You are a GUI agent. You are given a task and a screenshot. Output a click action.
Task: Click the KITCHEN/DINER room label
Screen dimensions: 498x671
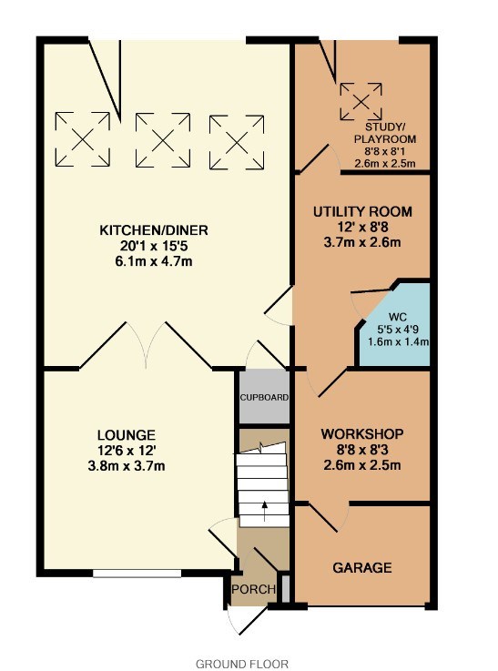point(154,230)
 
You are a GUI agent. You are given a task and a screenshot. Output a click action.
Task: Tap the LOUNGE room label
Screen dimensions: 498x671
point(127,435)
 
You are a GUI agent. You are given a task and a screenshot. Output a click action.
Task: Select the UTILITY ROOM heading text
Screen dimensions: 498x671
point(362,212)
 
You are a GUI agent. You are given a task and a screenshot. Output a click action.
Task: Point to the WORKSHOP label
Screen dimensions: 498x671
point(362,434)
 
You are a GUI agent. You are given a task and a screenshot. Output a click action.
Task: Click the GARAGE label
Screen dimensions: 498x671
point(362,567)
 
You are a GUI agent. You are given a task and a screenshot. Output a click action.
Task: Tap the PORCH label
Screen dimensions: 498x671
point(254,589)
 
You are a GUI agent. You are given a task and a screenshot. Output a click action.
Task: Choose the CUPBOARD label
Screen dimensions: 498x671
point(264,397)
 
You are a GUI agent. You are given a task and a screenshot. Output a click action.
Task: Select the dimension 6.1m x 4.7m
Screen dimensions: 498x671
point(154,261)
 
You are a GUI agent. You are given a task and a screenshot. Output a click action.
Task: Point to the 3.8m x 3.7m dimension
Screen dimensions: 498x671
point(127,466)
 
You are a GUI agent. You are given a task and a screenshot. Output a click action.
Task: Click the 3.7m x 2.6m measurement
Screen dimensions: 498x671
point(362,243)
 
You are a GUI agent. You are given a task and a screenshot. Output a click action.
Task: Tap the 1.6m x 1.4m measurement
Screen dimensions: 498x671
point(399,342)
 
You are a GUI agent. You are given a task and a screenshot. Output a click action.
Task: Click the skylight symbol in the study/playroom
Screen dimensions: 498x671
point(361,101)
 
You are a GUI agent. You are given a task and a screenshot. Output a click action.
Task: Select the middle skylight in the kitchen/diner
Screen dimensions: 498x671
point(163,140)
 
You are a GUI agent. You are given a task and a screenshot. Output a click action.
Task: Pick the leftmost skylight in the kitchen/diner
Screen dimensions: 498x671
point(83,139)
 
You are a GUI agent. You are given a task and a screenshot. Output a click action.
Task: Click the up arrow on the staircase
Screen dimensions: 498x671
point(264,511)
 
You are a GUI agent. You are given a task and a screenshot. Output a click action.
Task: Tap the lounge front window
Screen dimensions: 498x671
point(137,574)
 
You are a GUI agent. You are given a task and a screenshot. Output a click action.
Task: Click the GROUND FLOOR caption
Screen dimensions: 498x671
point(242,664)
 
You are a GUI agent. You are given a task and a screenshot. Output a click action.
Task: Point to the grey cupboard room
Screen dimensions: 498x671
point(264,397)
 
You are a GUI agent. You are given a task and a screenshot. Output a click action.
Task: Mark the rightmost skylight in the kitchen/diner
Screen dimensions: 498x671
point(237,142)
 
